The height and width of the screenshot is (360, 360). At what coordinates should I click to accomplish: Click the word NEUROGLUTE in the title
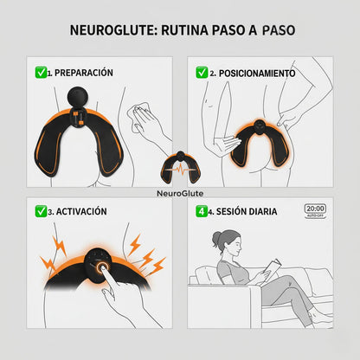(x=113, y=30)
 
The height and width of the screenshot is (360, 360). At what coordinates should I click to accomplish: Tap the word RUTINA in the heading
(x=184, y=30)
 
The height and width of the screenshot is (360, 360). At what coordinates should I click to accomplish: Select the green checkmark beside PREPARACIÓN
(x=41, y=72)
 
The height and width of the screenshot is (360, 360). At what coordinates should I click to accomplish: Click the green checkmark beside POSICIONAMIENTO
(x=202, y=73)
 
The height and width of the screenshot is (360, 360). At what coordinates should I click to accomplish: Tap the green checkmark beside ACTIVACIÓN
(x=41, y=211)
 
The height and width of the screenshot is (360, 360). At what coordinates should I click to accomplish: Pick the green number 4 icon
(x=202, y=211)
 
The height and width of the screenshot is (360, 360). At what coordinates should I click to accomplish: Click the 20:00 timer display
(x=315, y=210)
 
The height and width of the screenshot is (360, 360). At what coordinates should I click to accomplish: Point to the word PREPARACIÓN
(x=84, y=73)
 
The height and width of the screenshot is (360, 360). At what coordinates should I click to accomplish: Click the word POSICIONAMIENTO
(x=257, y=74)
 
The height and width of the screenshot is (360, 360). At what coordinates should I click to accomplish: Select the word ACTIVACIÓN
(x=81, y=211)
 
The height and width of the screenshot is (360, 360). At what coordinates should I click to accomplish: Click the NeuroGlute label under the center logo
(x=180, y=193)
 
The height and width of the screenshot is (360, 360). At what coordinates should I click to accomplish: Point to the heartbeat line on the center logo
(x=181, y=169)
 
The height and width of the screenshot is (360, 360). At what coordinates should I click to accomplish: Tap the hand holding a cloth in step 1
(x=145, y=119)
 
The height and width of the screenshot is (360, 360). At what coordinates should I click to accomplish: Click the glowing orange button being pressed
(x=102, y=267)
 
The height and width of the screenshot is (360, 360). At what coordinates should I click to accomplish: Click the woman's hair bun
(x=216, y=239)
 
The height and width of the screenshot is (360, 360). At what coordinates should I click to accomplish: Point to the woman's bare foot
(x=321, y=318)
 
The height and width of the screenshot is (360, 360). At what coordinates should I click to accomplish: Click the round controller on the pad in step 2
(x=260, y=126)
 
